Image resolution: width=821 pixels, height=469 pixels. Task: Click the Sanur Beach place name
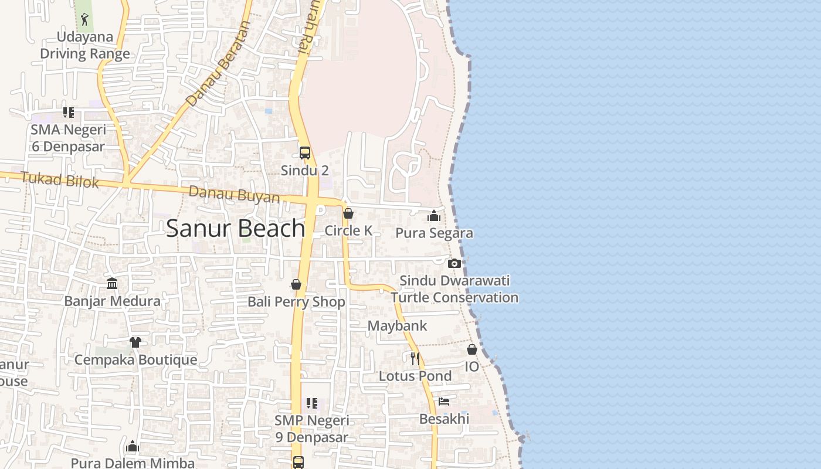(235, 228)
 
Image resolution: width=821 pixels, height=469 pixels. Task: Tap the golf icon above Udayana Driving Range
(85, 19)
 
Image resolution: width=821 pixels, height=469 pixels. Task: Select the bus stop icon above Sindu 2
(305, 153)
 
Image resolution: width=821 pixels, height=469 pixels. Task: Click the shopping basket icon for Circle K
(348, 213)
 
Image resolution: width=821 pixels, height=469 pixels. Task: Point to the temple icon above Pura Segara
(434, 216)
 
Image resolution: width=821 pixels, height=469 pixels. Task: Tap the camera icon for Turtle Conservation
(454, 263)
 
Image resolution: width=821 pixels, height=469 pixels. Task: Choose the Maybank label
(397, 325)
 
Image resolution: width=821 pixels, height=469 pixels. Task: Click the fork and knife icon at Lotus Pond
(415, 358)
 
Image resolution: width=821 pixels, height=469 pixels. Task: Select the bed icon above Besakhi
(444, 402)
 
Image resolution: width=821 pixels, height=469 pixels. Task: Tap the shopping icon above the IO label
(472, 349)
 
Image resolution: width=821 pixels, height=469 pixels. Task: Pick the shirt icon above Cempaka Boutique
(135, 342)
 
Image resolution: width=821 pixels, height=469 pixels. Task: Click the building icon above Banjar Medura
(112, 284)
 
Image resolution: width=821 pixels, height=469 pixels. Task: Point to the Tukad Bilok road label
(60, 179)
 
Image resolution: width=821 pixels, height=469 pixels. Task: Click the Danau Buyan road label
(234, 194)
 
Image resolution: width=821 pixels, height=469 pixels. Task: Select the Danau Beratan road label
(218, 64)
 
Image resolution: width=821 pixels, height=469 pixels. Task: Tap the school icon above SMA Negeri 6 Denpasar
(69, 112)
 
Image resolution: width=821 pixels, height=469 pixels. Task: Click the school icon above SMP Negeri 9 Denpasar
(312, 403)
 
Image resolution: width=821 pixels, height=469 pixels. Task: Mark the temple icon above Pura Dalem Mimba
(133, 447)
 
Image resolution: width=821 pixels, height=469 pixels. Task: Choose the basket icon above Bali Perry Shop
(296, 284)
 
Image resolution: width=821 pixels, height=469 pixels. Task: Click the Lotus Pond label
(415, 376)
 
